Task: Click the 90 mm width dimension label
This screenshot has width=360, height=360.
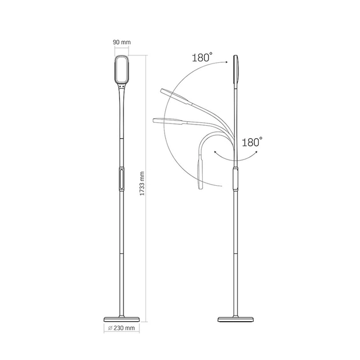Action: click(x=122, y=42)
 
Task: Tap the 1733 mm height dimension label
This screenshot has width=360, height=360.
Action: click(x=142, y=183)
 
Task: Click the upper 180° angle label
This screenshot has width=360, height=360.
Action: click(x=202, y=57)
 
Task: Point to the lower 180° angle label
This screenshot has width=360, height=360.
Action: click(x=252, y=142)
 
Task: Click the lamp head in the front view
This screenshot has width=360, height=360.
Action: click(x=122, y=69)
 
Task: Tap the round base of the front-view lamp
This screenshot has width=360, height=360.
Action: click(x=122, y=319)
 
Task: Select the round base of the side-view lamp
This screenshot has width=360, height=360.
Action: click(x=235, y=319)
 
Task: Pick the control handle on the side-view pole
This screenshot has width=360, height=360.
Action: click(x=236, y=179)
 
